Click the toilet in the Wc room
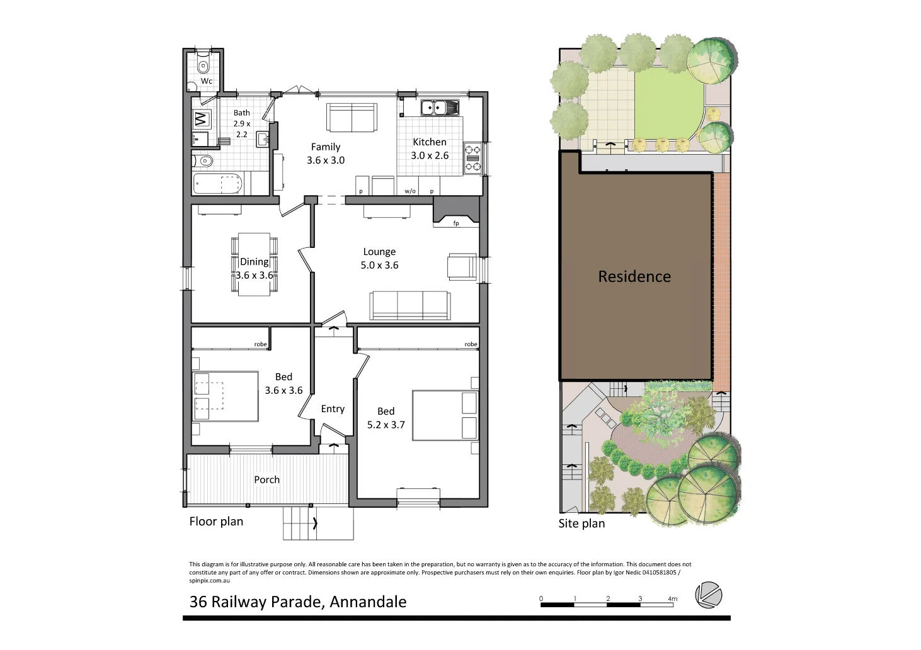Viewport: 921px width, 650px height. tap(203, 65)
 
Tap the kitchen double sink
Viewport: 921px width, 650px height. tap(439, 108)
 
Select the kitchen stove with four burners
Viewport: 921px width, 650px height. tap(472, 158)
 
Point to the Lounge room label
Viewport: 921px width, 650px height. tap(379, 252)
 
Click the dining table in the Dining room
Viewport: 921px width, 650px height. tap(255, 264)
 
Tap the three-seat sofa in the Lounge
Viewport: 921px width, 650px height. tap(410, 306)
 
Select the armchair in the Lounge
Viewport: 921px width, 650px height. tap(461, 266)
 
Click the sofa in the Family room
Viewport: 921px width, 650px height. tap(352, 118)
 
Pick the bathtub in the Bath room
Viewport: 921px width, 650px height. tap(217, 184)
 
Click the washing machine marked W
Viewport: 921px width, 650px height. tap(202, 119)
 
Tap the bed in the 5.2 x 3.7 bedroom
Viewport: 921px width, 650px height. tap(445, 415)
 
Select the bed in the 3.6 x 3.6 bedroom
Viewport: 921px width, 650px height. tap(225, 396)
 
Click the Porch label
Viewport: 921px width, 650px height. tap(267, 479)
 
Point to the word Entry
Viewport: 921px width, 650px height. tap(333, 409)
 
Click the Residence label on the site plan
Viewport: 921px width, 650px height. tap(634, 276)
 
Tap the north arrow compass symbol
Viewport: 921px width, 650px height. tap(709, 595)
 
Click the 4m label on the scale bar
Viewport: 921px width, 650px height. tap(673, 598)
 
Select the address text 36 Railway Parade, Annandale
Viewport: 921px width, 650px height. tap(298, 602)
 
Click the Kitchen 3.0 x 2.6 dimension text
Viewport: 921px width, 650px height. tap(430, 155)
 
